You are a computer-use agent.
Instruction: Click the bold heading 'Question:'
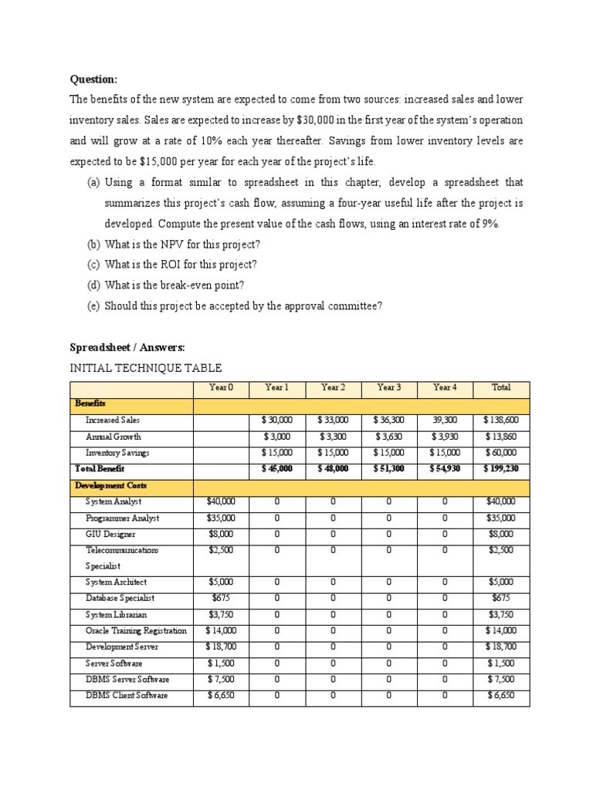point(94,79)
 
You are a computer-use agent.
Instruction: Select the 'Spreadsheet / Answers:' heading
point(127,347)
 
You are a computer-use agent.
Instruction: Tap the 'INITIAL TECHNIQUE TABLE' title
point(146,368)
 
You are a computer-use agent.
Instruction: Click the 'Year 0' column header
point(221,387)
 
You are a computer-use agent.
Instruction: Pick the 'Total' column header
point(501,387)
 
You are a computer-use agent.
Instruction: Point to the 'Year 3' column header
point(388,387)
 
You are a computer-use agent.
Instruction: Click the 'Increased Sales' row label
point(113,420)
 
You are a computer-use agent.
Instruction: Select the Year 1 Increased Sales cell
point(276,420)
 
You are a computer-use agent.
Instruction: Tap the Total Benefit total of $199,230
point(501,469)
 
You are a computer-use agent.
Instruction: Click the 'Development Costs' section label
point(110,486)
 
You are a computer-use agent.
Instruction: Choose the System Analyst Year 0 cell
point(221,501)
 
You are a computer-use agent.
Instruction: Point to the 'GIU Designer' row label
point(110,534)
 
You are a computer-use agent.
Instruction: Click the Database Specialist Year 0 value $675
point(221,598)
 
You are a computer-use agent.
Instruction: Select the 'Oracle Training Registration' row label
point(136,630)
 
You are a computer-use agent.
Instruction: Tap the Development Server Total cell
point(501,647)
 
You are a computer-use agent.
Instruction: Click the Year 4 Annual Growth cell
point(445,437)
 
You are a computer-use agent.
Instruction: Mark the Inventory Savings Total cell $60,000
point(501,453)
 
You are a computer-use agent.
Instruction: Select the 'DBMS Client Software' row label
point(127,696)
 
